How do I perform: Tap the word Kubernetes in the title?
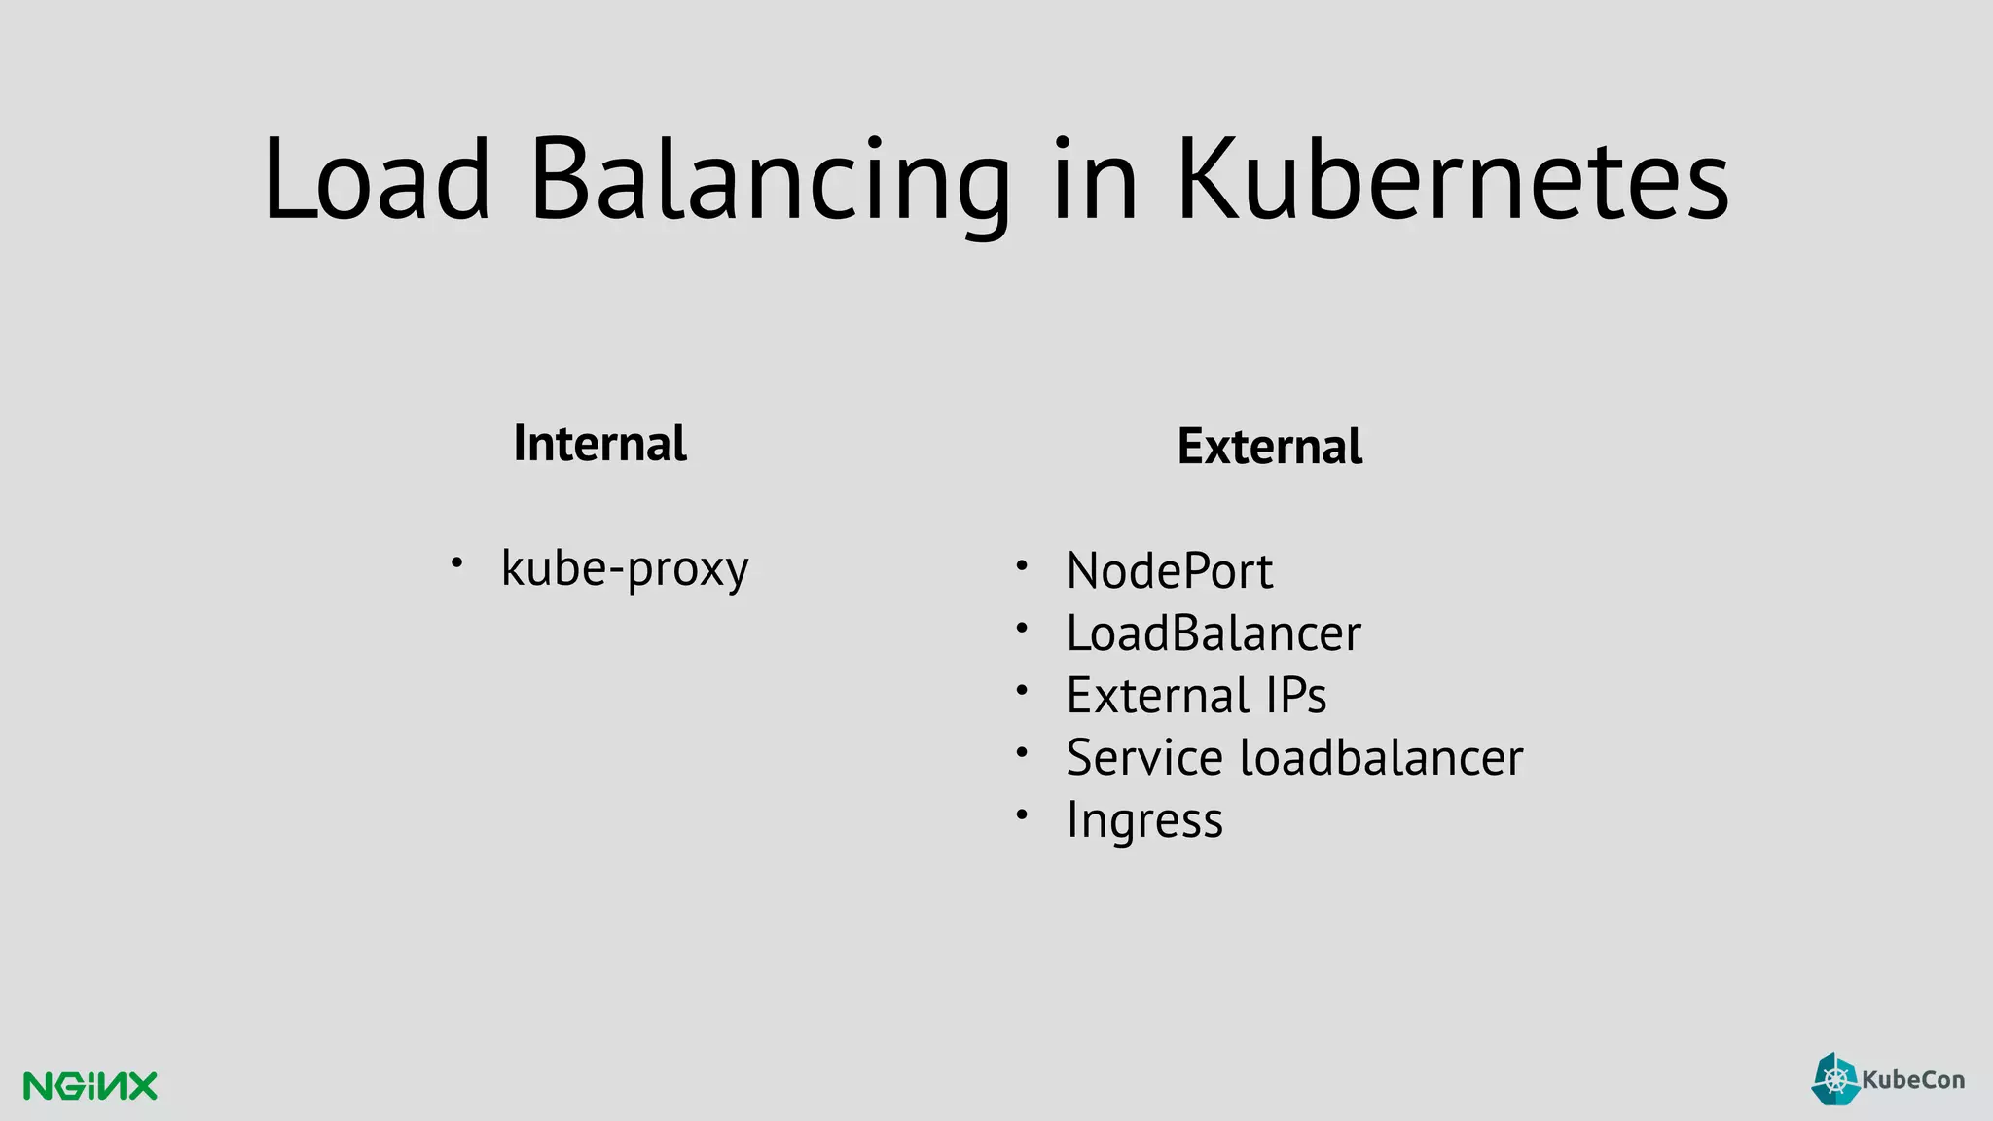[1452, 180]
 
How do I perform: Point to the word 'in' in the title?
[1095, 180]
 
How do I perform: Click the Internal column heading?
[599, 444]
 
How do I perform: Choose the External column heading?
[1269, 447]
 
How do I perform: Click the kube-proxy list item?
[625, 568]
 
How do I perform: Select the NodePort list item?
[1169, 570]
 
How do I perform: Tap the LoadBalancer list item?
[1214, 633]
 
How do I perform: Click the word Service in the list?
[1144, 758]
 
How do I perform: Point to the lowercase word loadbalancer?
[1381, 758]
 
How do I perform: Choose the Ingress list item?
[1144, 820]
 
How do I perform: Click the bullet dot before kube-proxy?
[455, 562]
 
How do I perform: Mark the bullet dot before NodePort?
[1021, 565]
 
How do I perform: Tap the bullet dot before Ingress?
[1021, 814]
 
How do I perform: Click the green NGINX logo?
[90, 1086]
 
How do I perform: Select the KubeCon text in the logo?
[1912, 1080]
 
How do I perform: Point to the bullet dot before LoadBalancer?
[1021, 628]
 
